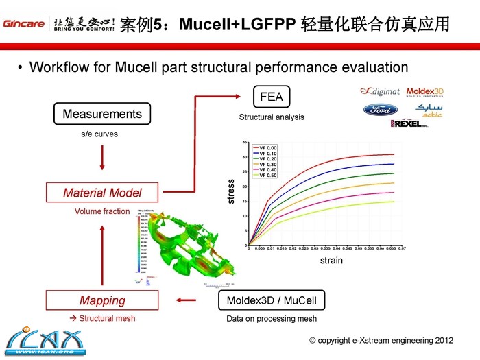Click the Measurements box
102,114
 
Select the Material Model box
102,193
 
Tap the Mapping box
102,300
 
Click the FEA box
272,97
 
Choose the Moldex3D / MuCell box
271,300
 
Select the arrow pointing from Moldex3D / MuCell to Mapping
187,300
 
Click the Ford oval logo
380,110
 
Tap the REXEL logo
411,123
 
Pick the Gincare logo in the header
24,25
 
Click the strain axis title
331,261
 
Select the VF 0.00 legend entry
268,148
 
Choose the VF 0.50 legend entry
268,176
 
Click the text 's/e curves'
99,134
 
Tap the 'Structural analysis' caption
272,117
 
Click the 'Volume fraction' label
101,211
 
